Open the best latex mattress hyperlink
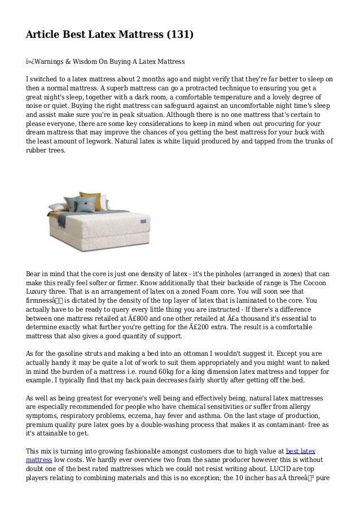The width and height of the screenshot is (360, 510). (x=301, y=451)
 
